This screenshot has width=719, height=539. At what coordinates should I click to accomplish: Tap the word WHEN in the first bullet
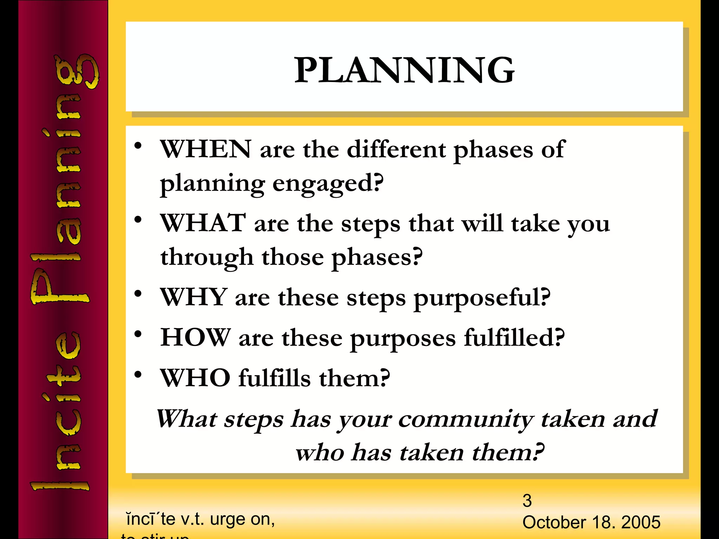pyautogui.click(x=206, y=149)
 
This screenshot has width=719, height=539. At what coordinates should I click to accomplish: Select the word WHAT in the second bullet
pyautogui.click(x=203, y=223)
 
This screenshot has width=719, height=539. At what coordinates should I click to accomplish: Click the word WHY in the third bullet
pyautogui.click(x=193, y=298)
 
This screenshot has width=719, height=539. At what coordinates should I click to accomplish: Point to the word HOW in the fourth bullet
pyautogui.click(x=195, y=338)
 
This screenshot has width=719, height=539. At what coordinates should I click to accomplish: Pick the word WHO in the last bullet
pyautogui.click(x=195, y=378)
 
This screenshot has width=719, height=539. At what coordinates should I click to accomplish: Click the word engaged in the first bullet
pyautogui.click(x=328, y=184)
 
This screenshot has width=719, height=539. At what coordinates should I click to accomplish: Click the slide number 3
pyautogui.click(x=527, y=501)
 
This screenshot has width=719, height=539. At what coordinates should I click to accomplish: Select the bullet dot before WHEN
pyautogui.click(x=138, y=145)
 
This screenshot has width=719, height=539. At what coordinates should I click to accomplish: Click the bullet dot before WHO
pyautogui.click(x=138, y=374)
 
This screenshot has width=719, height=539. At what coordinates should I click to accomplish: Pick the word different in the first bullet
pyautogui.click(x=396, y=149)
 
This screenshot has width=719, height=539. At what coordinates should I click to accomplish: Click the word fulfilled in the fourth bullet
pyautogui.click(x=514, y=338)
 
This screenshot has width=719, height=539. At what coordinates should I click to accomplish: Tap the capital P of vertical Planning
pyautogui.click(x=60, y=286)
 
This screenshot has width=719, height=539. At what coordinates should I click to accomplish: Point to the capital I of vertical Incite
pyautogui.click(x=60, y=486)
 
